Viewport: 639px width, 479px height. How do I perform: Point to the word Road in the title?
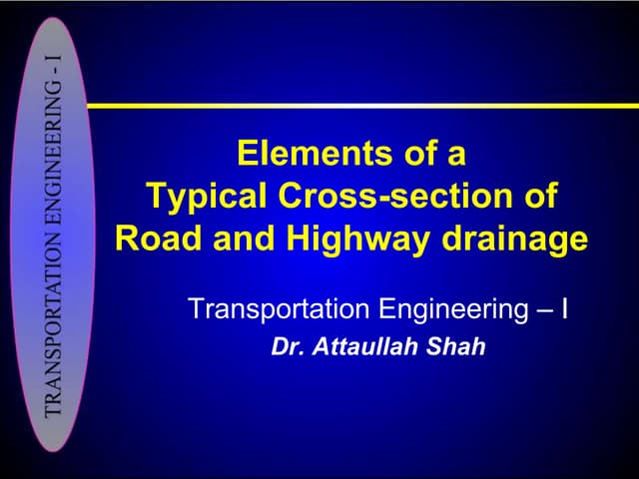click(151, 239)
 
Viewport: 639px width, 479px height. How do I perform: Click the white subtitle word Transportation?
click(279, 308)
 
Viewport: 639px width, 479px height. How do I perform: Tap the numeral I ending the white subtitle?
click(565, 308)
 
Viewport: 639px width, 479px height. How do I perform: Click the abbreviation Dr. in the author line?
click(287, 349)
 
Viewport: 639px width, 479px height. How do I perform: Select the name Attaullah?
click(365, 349)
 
